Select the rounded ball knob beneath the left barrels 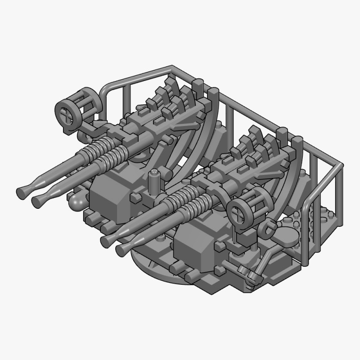tap(76, 201)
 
